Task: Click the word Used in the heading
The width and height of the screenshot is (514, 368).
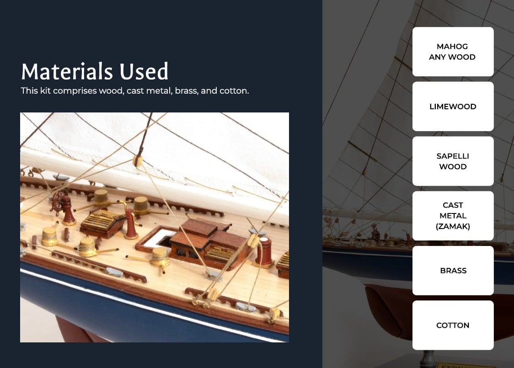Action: click(144, 71)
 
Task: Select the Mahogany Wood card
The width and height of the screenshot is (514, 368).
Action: click(453, 52)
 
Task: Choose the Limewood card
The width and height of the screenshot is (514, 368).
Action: click(453, 107)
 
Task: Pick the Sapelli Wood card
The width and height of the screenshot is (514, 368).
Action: click(453, 161)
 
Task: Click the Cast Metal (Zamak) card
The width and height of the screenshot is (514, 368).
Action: click(453, 216)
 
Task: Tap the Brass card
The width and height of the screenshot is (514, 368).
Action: click(453, 271)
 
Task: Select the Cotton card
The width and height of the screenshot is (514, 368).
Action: click(453, 325)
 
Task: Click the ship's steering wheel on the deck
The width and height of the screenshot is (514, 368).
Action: click(58, 202)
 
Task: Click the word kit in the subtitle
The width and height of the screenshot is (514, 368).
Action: click(46, 91)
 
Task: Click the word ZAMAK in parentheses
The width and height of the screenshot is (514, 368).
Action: click(453, 226)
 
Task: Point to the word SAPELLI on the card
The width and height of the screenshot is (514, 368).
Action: click(453, 156)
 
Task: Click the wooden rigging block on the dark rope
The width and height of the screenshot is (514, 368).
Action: click(138, 161)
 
